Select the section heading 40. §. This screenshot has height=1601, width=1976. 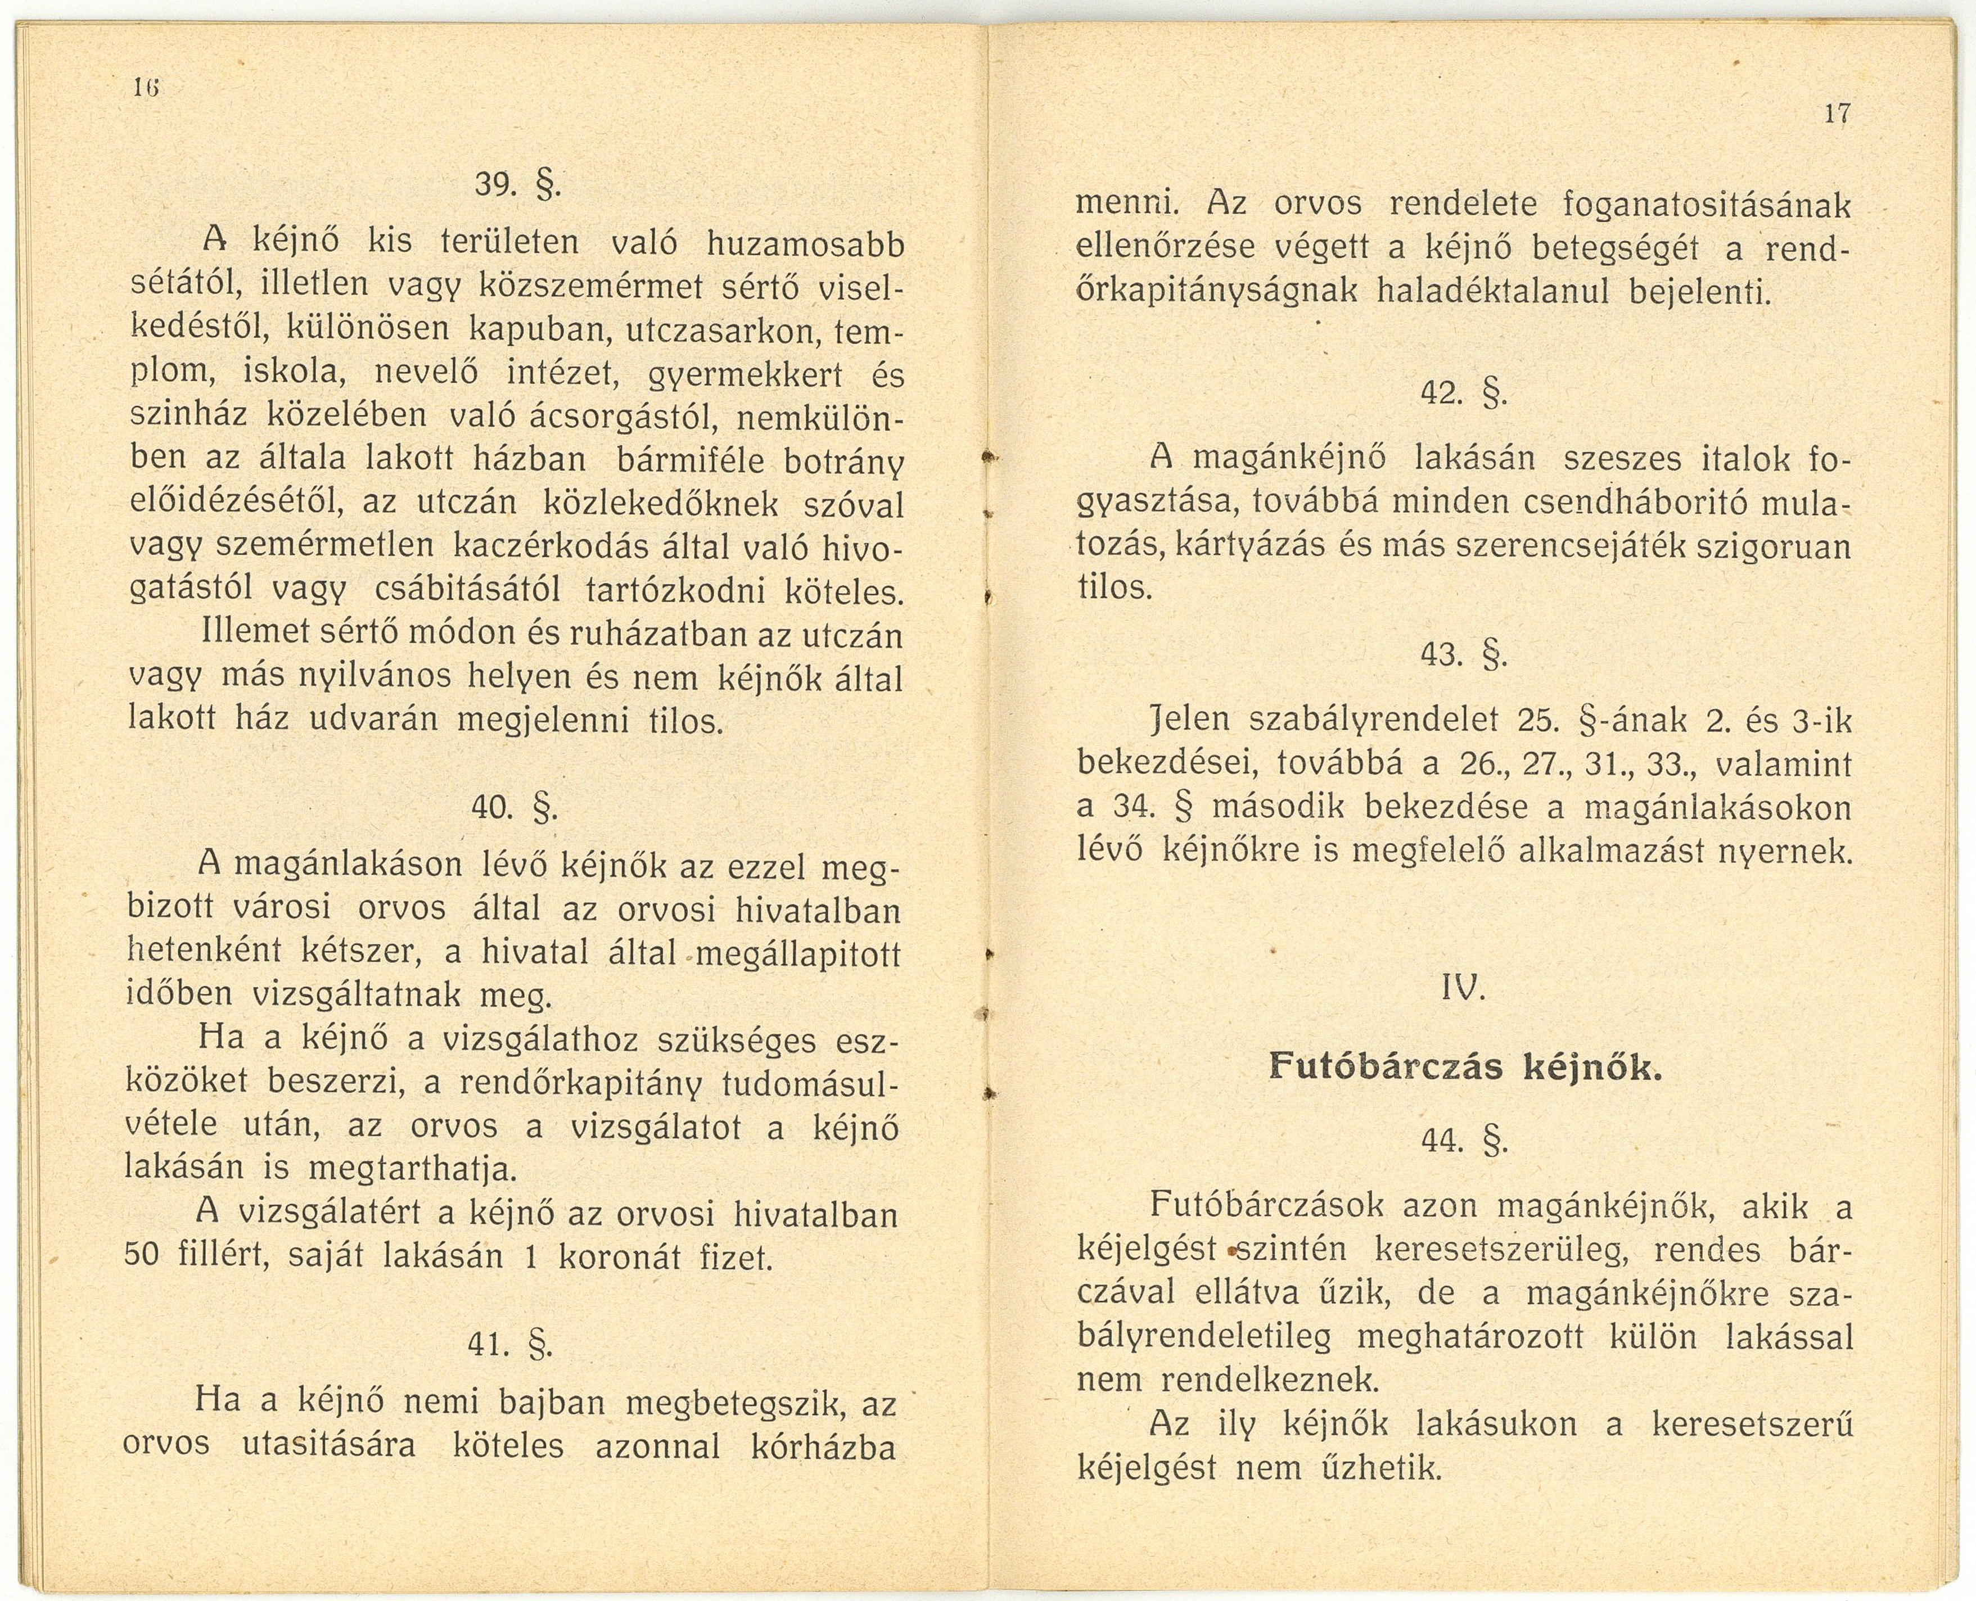point(515,808)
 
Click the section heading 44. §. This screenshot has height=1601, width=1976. point(1464,1142)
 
